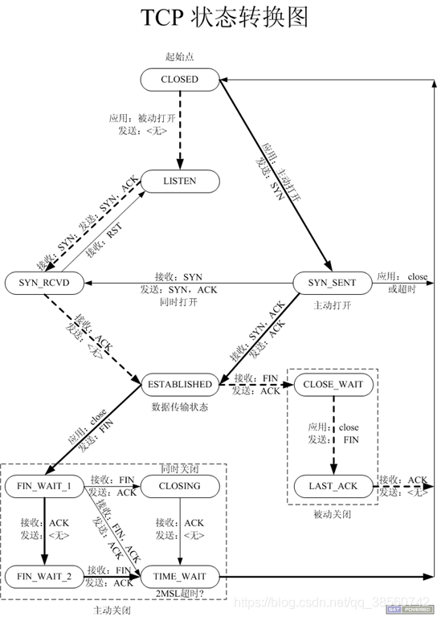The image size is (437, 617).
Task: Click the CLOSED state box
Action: tap(179, 80)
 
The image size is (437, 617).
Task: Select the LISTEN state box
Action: tap(179, 182)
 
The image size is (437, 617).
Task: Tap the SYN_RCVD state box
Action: tap(45, 283)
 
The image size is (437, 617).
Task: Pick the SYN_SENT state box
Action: tap(332, 283)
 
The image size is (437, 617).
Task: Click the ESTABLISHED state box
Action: tap(179, 384)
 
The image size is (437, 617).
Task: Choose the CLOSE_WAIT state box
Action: tap(333, 384)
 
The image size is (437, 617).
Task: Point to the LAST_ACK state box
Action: tap(333, 486)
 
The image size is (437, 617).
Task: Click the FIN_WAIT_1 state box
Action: tap(45, 486)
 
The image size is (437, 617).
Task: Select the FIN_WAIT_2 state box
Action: tap(45, 576)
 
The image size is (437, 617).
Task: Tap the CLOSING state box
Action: tap(179, 486)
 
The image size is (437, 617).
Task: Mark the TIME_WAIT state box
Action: tap(179, 576)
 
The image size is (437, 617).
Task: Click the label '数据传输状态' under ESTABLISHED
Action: tap(179, 407)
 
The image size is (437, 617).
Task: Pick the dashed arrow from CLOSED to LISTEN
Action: tap(179, 129)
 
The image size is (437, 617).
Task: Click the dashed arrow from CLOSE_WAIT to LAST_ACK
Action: tap(333, 434)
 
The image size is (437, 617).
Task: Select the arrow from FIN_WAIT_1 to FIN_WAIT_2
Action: tap(45, 530)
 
